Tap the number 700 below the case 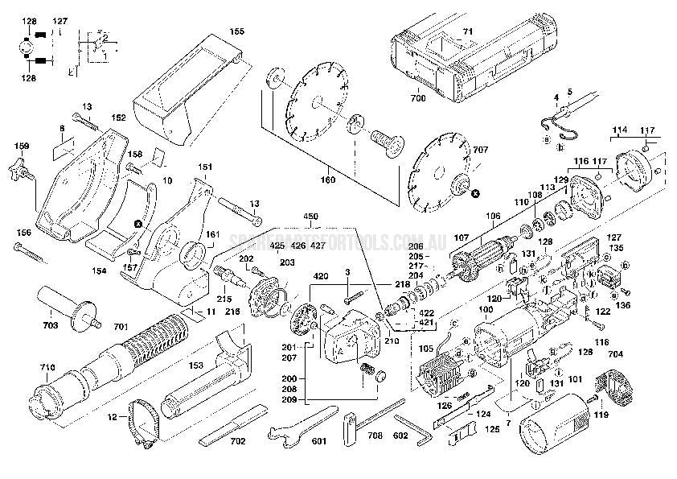point(418,98)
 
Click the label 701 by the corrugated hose point(120,327)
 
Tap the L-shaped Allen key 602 point(414,430)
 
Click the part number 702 point(238,442)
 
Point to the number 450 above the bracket point(311,217)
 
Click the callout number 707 point(503,150)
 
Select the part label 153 point(196,366)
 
